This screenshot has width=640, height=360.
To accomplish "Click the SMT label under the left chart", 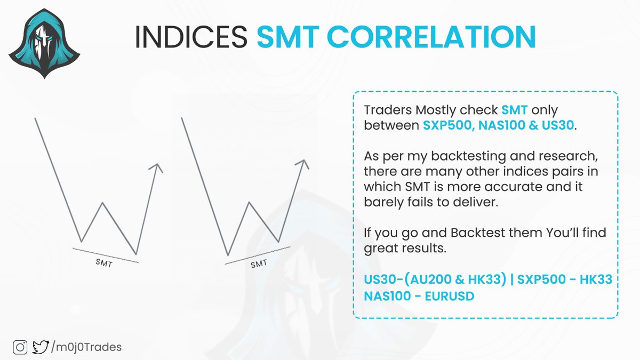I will click(x=104, y=263).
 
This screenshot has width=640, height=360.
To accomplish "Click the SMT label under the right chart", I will click(x=258, y=263).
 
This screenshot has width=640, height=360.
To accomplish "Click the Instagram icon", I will click(x=21, y=347).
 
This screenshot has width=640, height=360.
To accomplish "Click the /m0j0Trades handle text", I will click(x=86, y=347).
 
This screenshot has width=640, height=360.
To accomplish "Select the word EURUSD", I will click(x=449, y=296).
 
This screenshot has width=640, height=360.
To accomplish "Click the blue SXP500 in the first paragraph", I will click(x=445, y=126).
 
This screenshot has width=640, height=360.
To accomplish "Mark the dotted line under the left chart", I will click(x=106, y=255).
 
